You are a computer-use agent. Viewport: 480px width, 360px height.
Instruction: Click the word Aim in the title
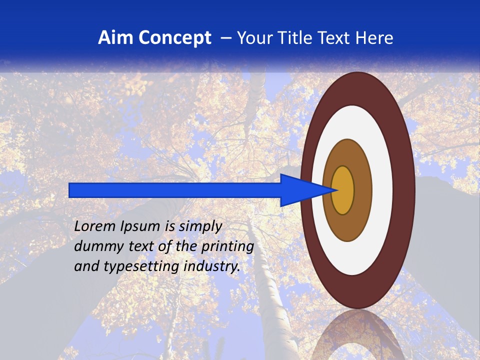[114, 38]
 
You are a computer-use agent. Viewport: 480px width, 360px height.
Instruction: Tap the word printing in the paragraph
[227, 246]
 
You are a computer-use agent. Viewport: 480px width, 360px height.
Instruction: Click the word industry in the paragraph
[212, 266]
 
